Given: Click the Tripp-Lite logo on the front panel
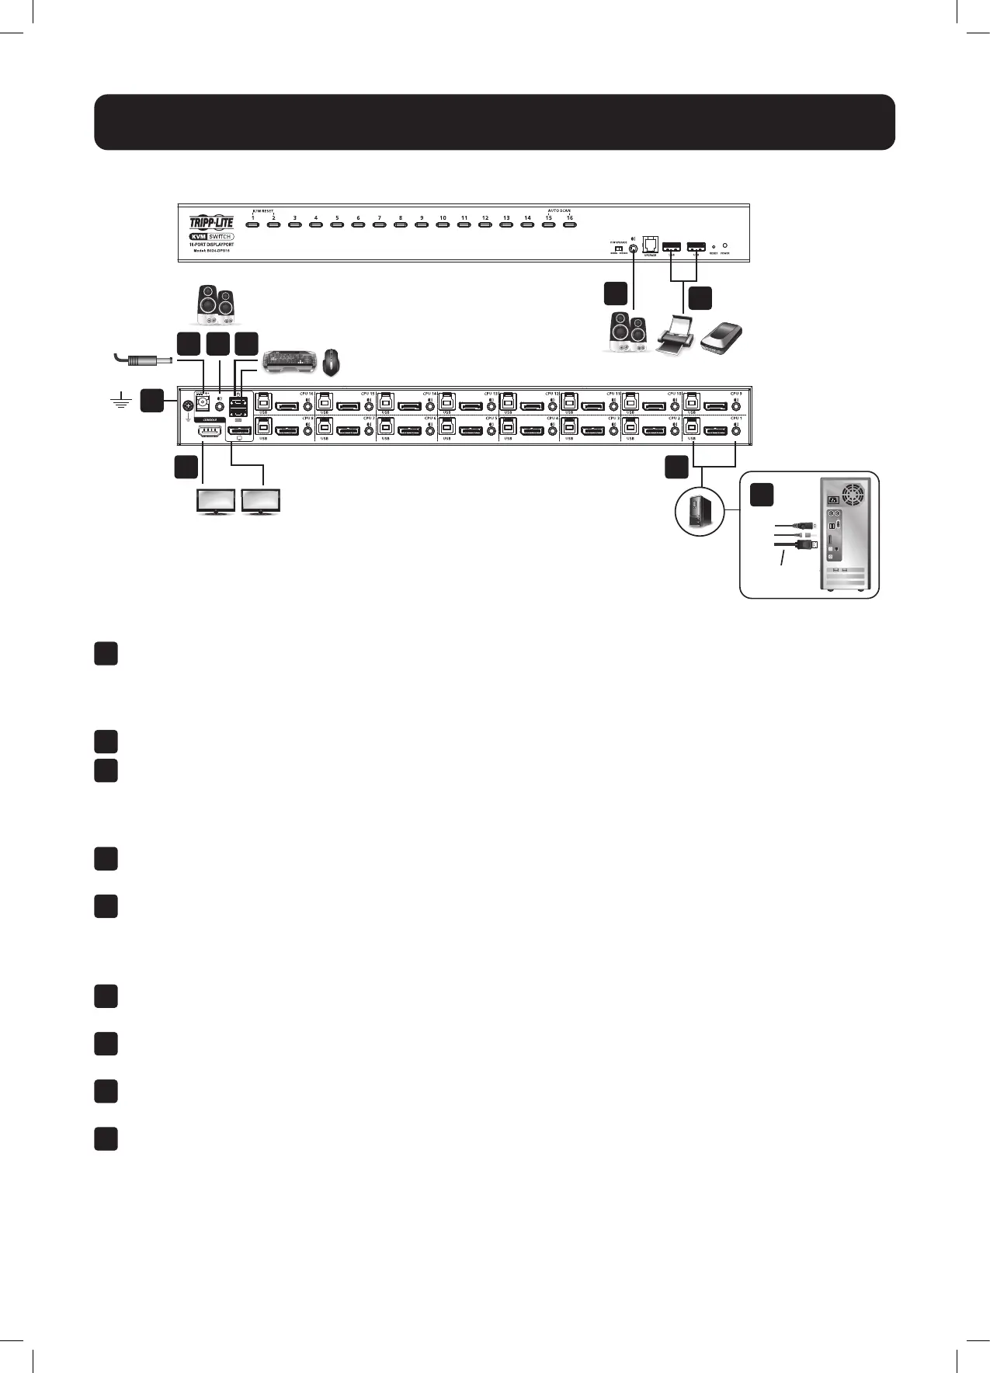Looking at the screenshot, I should click(x=211, y=223).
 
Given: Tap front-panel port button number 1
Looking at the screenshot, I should click(x=252, y=225).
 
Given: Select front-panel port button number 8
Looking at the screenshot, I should click(x=400, y=225).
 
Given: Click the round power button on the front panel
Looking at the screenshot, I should click(x=724, y=245).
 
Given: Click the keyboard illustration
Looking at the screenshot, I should click(x=290, y=360).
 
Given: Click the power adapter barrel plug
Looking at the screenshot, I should click(x=148, y=360).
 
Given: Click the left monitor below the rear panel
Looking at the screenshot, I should click(x=217, y=501).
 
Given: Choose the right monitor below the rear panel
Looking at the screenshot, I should click(x=262, y=501).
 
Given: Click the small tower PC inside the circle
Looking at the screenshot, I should click(x=700, y=513).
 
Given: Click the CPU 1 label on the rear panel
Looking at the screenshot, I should click(x=735, y=418).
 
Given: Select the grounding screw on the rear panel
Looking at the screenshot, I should click(x=187, y=405).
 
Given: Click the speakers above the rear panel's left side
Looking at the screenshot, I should click(x=215, y=305).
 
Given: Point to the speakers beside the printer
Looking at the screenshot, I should click(x=628, y=332).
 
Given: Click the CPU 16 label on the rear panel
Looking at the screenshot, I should click(x=307, y=394).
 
